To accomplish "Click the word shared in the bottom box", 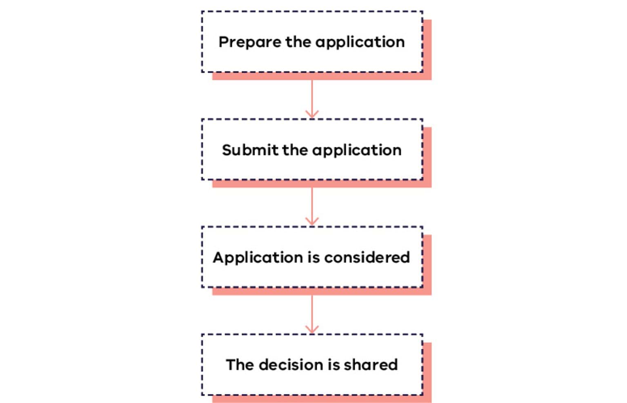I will (371, 365).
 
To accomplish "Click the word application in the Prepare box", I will (360, 42).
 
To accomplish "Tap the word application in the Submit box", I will (357, 151).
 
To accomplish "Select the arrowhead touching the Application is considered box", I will (312, 222).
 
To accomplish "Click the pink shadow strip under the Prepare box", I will (322, 76).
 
